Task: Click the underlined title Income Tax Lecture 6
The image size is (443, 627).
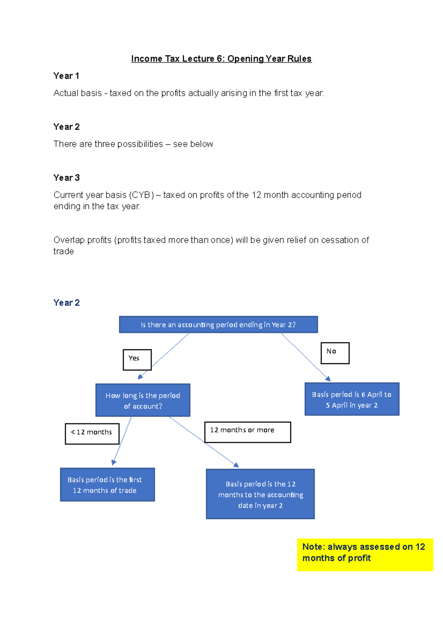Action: pyautogui.click(x=221, y=59)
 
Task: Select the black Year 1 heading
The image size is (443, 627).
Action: pyautogui.click(x=66, y=76)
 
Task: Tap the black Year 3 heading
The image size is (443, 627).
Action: pyautogui.click(x=66, y=178)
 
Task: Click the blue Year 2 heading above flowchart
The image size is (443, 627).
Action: pyautogui.click(x=66, y=303)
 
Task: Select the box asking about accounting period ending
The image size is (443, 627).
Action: pyautogui.click(x=218, y=325)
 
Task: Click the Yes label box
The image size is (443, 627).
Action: pyautogui.click(x=137, y=359)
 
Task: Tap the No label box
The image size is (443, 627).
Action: pyautogui.click(x=335, y=353)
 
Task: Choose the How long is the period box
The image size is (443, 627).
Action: pyautogui.click(x=143, y=400)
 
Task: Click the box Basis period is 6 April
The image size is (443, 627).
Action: pyautogui.click(x=352, y=399)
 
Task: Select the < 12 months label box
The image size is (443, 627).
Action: pyautogui.click(x=92, y=434)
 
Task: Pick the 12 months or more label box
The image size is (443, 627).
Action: pyautogui.click(x=247, y=432)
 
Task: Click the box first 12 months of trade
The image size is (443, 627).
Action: pyautogui.click(x=107, y=484)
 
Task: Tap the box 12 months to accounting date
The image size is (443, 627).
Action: pyautogui.click(x=260, y=494)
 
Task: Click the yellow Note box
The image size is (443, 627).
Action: pyautogui.click(x=365, y=554)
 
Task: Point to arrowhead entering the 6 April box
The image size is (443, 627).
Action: pyautogui.click(x=328, y=379)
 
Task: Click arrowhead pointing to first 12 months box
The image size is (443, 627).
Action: pyautogui.click(x=114, y=462)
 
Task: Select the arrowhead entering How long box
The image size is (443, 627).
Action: pyautogui.click(x=140, y=377)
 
